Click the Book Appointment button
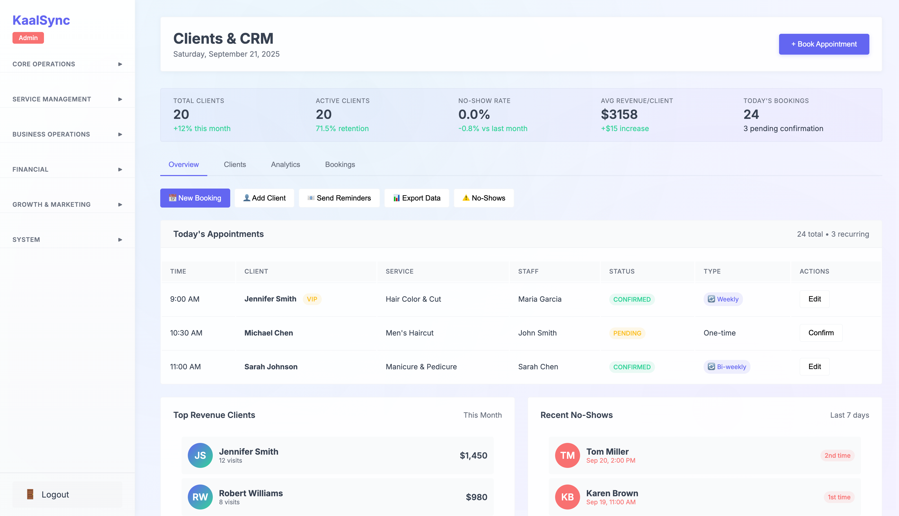pos(824,44)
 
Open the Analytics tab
pos(285,164)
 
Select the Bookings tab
pos(340,164)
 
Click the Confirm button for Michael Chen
pos(821,333)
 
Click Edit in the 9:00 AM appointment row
pos(814,299)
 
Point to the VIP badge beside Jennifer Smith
pos(312,299)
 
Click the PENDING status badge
pos(627,333)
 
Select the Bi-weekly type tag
pos(727,367)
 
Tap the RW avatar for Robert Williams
pos(200,497)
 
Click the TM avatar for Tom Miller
pos(567,455)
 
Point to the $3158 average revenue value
pos(619,114)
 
